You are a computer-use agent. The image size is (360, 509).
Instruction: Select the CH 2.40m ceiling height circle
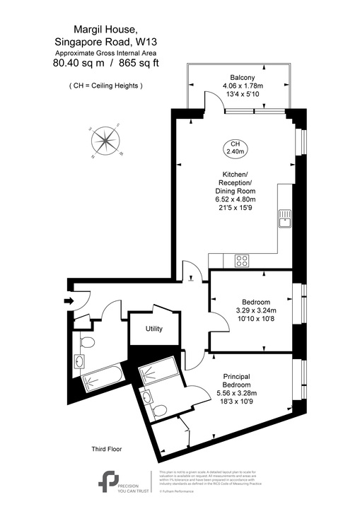point(235,147)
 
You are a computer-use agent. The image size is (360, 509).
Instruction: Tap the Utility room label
point(154,329)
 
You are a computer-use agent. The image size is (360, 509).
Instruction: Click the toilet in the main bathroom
point(86,344)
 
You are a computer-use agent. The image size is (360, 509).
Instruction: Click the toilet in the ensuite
point(159,409)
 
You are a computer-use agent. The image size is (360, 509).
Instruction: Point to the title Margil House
point(95,29)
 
